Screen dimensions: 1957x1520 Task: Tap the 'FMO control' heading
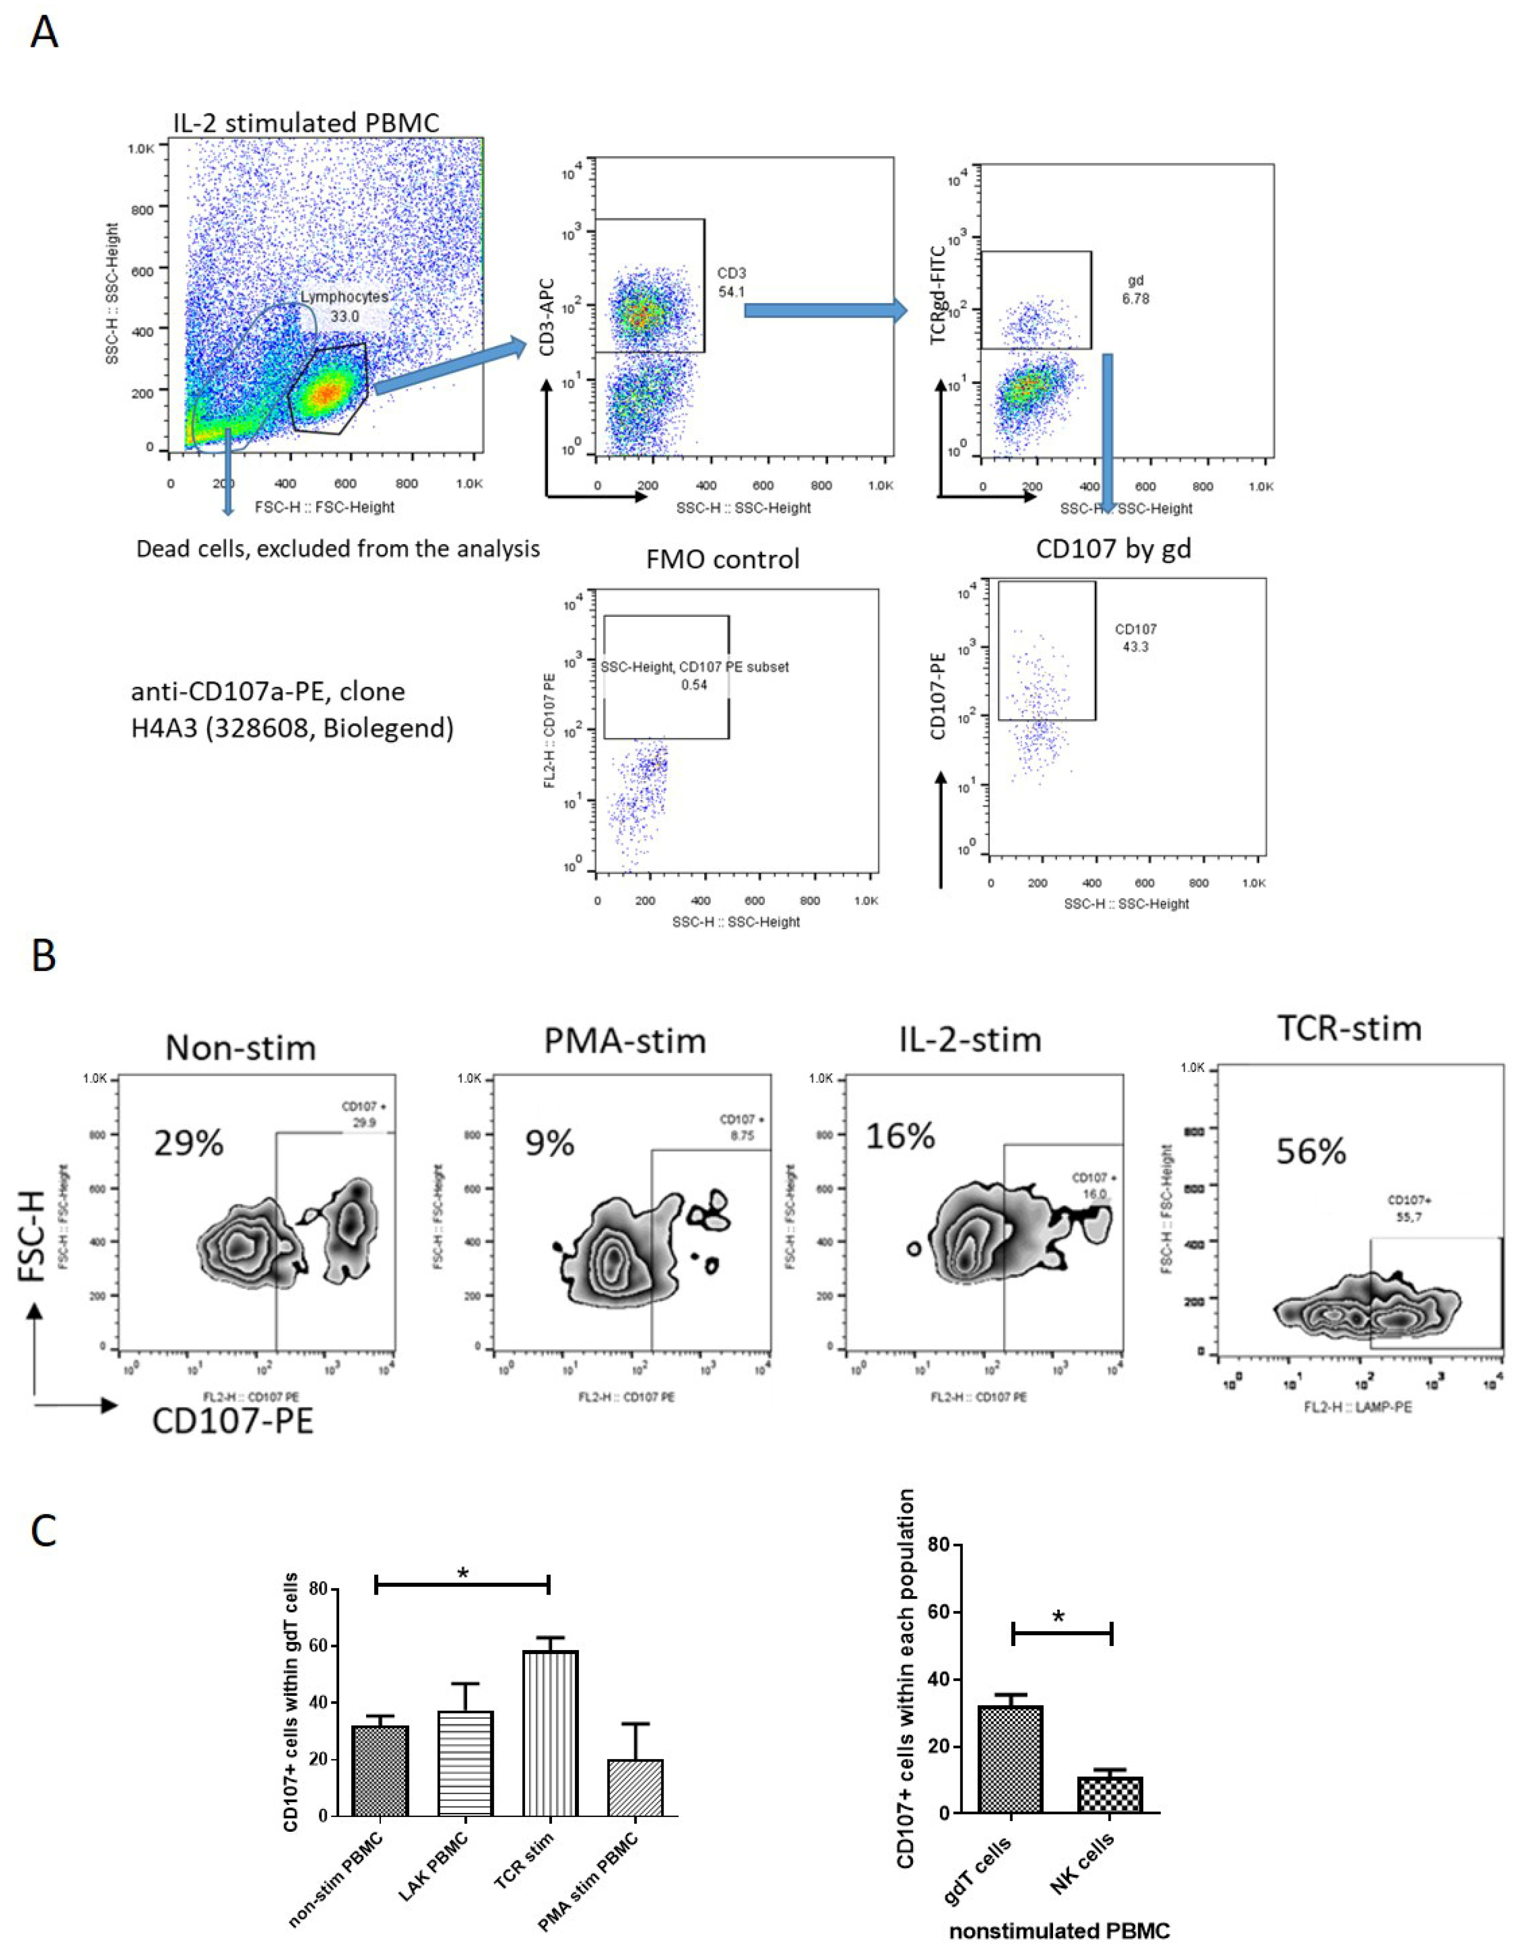[x=723, y=559]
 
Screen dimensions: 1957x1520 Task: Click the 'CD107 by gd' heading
[x=1113, y=548]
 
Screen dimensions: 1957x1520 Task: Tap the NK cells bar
[x=1110, y=1795]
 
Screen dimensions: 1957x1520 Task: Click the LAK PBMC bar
[x=465, y=1764]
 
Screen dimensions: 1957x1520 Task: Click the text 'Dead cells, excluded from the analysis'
[x=338, y=548]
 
